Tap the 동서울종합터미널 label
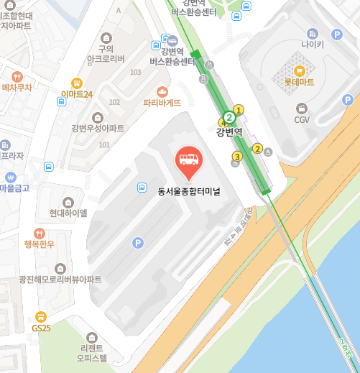[190, 190]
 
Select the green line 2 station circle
[229, 117]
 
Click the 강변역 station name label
[229, 132]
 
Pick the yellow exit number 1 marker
[239, 109]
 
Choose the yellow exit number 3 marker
[237, 157]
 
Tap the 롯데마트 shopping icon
[300, 70]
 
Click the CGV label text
[302, 119]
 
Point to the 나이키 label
[313, 45]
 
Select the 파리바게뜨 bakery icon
[162, 91]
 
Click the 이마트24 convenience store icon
[77, 83]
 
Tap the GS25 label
[41, 328]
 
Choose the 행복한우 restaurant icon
[39, 233]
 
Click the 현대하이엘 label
[68, 213]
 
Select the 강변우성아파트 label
[98, 129]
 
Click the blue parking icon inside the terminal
[137, 243]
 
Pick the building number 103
[135, 73]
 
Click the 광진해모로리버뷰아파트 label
[60, 280]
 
